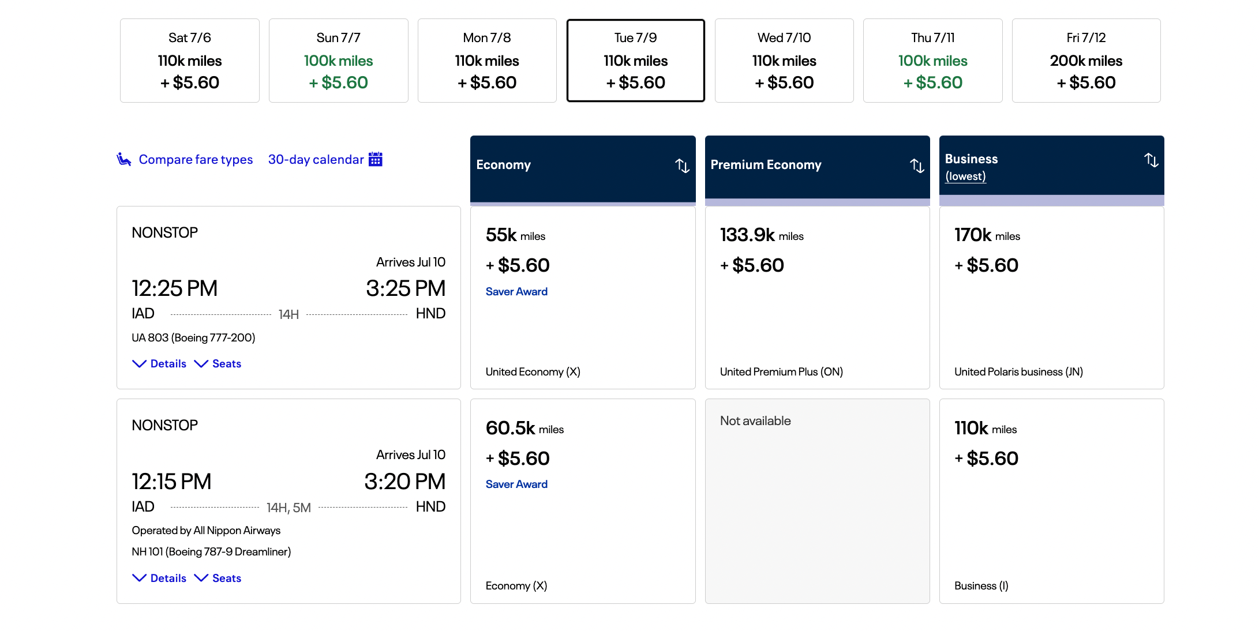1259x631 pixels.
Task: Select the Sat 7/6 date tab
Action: pos(189,61)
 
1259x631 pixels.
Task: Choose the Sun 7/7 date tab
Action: pos(338,61)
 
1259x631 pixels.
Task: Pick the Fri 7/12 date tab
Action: pos(1086,61)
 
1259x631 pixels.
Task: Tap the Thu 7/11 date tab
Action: pos(932,61)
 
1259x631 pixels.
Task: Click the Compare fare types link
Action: pos(196,160)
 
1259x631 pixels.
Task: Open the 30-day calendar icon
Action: pos(376,159)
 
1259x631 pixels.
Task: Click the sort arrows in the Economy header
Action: pos(682,166)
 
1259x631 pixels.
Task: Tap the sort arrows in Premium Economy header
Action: pos(917,166)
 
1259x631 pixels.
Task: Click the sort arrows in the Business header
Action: pos(1151,160)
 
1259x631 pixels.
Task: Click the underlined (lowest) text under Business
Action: pos(965,176)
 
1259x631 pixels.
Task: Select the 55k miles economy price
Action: pos(515,235)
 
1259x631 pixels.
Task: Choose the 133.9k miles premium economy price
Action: pos(761,235)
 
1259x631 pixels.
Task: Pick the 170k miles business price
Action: pos(987,235)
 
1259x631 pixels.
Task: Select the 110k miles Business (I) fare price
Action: pos(985,429)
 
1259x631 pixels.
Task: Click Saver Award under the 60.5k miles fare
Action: pos(516,484)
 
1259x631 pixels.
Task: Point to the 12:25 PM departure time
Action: pos(174,288)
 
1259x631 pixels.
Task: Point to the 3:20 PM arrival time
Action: pos(404,482)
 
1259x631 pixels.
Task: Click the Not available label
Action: pos(755,421)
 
